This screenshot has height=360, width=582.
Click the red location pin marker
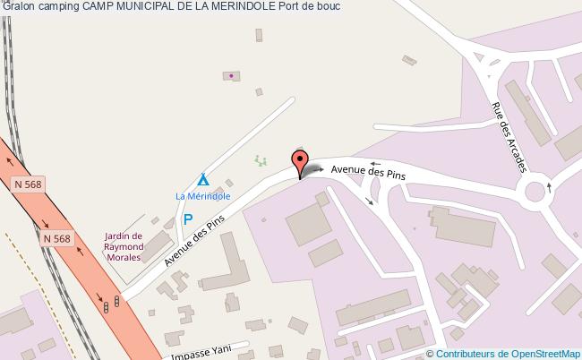point(299,164)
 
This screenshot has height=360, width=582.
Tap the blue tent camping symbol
point(203,179)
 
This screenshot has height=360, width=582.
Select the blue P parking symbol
point(188,219)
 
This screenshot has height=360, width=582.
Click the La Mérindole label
point(202,195)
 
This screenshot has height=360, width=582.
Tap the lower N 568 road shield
point(56,238)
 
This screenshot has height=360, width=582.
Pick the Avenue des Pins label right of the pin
point(368,171)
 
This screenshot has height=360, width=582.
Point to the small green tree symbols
point(261,161)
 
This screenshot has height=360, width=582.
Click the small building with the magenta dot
point(231,77)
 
